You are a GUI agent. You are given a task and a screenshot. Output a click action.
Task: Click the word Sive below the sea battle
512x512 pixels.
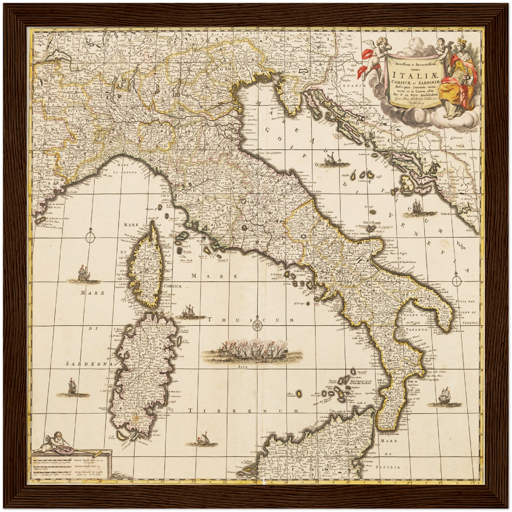coord(243,367)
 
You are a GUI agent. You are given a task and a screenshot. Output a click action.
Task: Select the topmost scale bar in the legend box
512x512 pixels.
coord(51,460)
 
